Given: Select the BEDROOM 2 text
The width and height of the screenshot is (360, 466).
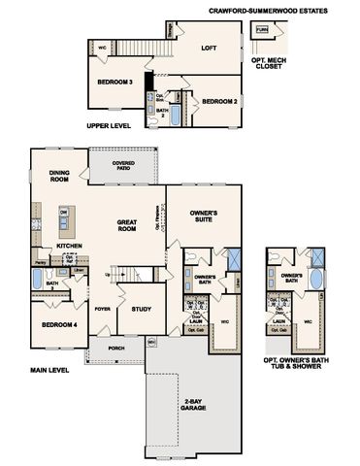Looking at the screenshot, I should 219,101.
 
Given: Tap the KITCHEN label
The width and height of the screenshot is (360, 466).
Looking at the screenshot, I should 68,247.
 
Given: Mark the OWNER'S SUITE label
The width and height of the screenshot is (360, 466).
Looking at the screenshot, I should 203,216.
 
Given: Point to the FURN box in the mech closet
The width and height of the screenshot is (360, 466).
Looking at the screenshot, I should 289,31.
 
